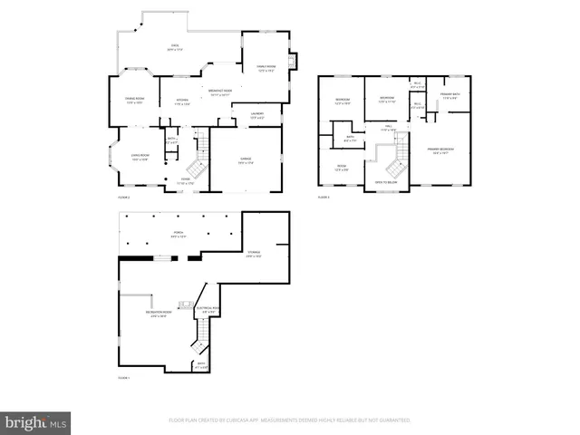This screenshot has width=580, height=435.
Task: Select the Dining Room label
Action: (134, 101)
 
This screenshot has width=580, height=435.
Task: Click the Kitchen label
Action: (181, 101)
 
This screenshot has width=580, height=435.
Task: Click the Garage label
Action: (246, 160)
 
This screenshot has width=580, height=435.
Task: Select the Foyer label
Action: (186, 180)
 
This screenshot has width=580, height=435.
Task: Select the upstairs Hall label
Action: (388, 128)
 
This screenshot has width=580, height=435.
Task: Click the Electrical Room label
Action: (208, 309)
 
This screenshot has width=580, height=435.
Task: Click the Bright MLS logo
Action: (36, 421)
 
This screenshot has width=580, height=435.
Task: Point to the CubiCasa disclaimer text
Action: (290, 420)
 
